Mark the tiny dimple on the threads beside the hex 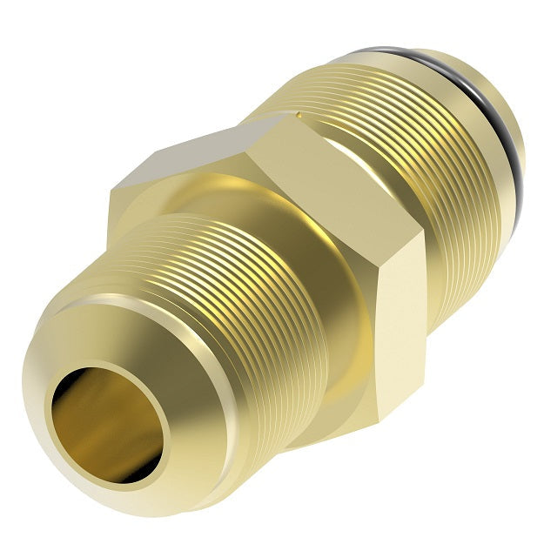coord(298,114)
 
